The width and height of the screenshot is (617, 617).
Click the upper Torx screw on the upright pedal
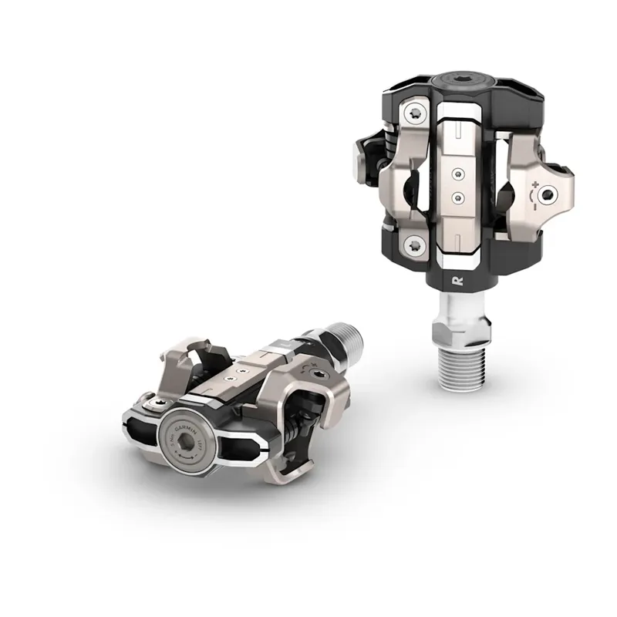pyautogui.click(x=415, y=114)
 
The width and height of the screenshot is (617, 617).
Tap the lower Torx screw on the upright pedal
pyautogui.click(x=415, y=246)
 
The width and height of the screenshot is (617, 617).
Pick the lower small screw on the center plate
pyautogui.click(x=457, y=197)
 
